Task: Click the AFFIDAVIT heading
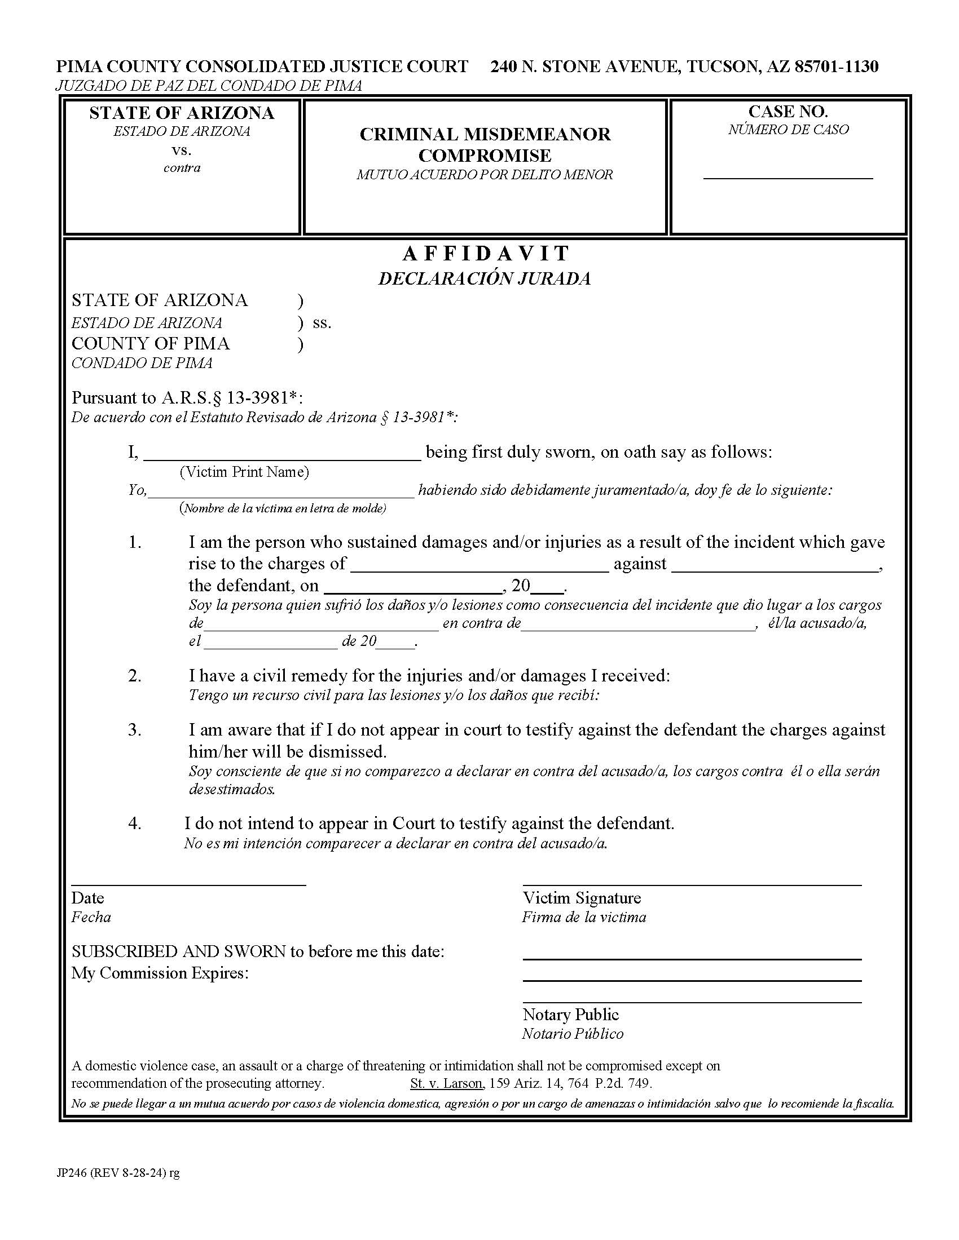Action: pyautogui.click(x=486, y=253)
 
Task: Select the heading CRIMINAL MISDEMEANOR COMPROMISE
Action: pyautogui.click(x=485, y=145)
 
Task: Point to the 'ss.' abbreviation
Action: pyautogui.click(x=322, y=322)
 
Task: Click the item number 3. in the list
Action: pyautogui.click(x=135, y=729)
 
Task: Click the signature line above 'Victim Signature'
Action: pyautogui.click(x=692, y=884)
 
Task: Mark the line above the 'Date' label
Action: pyautogui.click(x=188, y=884)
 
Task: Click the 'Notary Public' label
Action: pyautogui.click(x=570, y=1015)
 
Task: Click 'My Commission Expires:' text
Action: pyautogui.click(x=160, y=973)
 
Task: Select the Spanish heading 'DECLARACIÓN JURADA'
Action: pyautogui.click(x=485, y=279)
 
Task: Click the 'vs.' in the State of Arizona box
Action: pyautogui.click(x=182, y=150)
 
